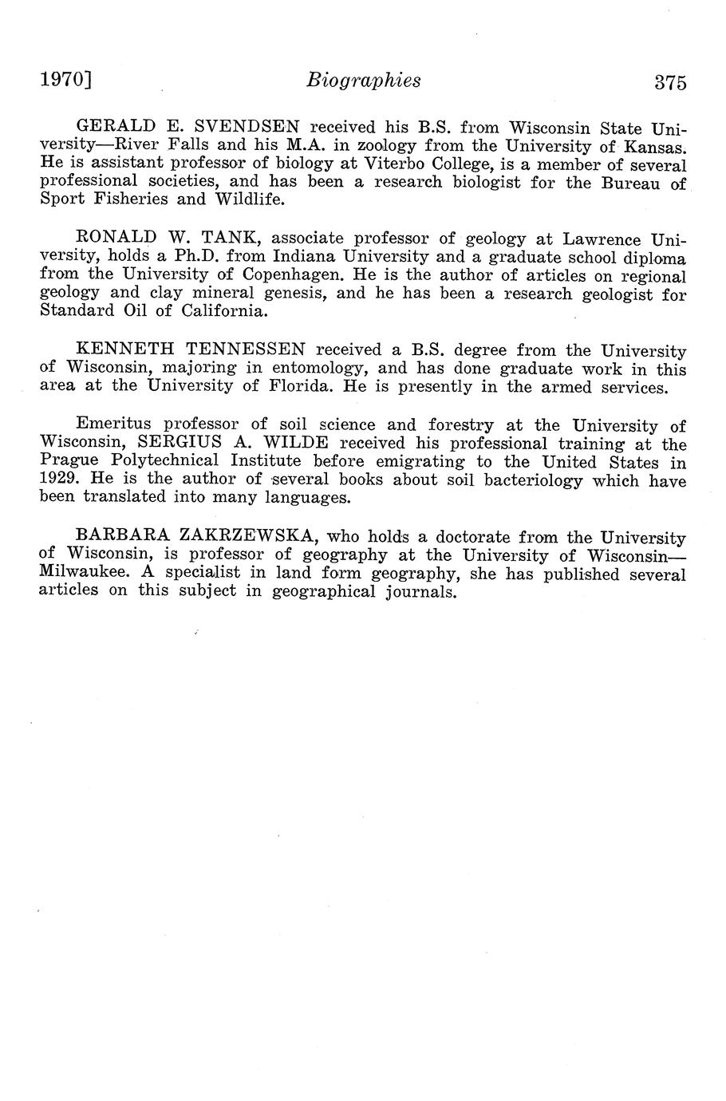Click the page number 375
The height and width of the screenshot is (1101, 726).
point(670,83)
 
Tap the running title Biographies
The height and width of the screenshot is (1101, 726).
point(364,81)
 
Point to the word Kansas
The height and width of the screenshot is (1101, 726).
point(654,147)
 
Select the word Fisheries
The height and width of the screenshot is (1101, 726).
point(121,199)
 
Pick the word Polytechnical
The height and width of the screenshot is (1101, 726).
point(165,461)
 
